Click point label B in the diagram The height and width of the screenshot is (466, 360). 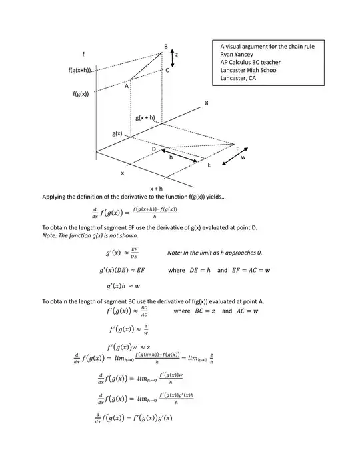point(166,45)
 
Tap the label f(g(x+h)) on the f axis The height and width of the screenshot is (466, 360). point(79,70)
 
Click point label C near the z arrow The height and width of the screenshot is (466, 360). point(167,69)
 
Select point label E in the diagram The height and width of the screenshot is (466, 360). point(209,165)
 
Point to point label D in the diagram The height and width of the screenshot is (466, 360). point(153,149)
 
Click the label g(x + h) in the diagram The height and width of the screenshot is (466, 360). point(145,118)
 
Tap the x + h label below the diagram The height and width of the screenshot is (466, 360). point(156,189)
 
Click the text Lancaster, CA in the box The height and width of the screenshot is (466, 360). point(238,78)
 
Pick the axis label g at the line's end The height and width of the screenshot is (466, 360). point(207,102)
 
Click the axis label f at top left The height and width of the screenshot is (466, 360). point(83,53)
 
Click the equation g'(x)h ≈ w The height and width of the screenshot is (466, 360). point(123,286)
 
